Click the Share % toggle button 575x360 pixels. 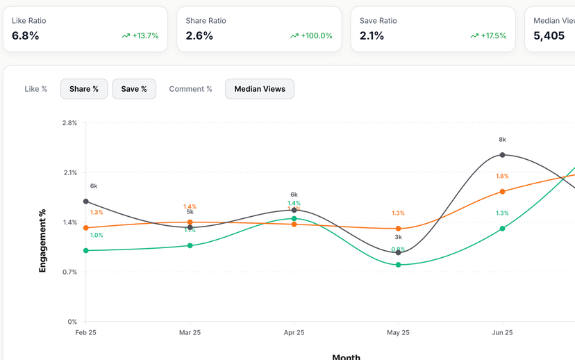coord(84,89)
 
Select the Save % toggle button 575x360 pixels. coord(134,89)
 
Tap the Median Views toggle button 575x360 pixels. coord(260,89)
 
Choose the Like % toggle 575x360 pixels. coord(36,89)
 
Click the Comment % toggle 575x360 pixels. coord(190,89)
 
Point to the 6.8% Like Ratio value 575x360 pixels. coord(26,35)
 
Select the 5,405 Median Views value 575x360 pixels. coord(549,35)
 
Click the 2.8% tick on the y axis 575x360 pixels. coord(69,123)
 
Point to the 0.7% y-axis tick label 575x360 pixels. coord(69,272)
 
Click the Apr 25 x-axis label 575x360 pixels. coord(294,332)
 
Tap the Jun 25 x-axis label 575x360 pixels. coord(502,332)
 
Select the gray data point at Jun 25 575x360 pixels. coord(502,155)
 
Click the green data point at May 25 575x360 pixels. coord(398,265)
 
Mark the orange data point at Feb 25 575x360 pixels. coord(86,228)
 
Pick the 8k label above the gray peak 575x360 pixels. coord(502,140)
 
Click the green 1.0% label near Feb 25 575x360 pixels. coord(97,235)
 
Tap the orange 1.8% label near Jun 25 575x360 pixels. coord(502,176)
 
